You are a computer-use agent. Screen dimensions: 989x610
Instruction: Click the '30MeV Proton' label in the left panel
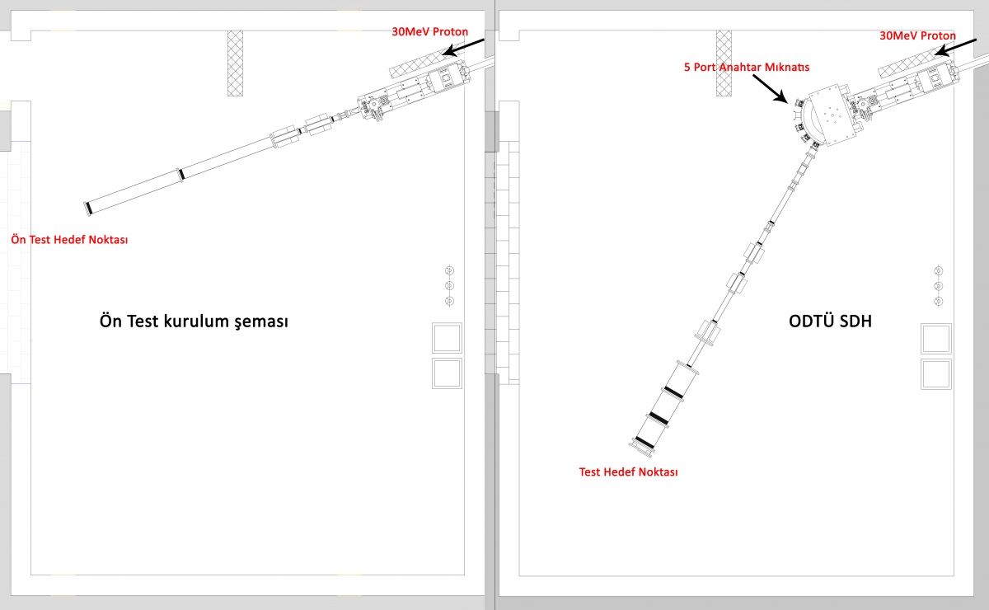tap(429, 32)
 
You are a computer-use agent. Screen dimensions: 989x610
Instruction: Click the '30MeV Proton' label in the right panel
tap(917, 35)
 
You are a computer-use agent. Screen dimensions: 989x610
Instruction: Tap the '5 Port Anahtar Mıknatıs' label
tap(747, 67)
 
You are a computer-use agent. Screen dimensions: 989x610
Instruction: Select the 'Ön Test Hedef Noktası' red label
tap(69, 239)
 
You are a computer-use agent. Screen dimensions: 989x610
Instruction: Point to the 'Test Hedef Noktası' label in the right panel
tap(628, 472)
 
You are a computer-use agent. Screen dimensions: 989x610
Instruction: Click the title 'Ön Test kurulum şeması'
tap(194, 321)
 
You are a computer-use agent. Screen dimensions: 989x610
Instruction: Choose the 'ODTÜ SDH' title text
tap(830, 321)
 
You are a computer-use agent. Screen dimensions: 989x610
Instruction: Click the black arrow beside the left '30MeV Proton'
tap(463, 47)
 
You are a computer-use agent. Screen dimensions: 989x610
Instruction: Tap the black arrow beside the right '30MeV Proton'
tap(955, 48)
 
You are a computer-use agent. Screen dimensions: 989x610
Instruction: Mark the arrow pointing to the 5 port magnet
tap(771, 89)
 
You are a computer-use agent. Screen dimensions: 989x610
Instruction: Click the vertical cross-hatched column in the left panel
tap(235, 63)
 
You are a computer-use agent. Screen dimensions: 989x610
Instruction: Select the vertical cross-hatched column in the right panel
tap(724, 63)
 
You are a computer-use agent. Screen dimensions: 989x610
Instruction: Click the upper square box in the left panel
tap(447, 338)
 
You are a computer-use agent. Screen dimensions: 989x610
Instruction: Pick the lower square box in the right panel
tap(936, 374)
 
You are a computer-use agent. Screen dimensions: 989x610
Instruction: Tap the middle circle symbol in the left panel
tap(449, 285)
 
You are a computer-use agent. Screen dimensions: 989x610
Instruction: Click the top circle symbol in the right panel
tap(939, 270)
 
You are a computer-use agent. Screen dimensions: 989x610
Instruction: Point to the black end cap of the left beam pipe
tap(88, 208)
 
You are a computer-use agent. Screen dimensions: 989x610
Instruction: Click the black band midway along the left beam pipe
tap(181, 175)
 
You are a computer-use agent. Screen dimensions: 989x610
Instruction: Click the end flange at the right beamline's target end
tap(641, 448)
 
